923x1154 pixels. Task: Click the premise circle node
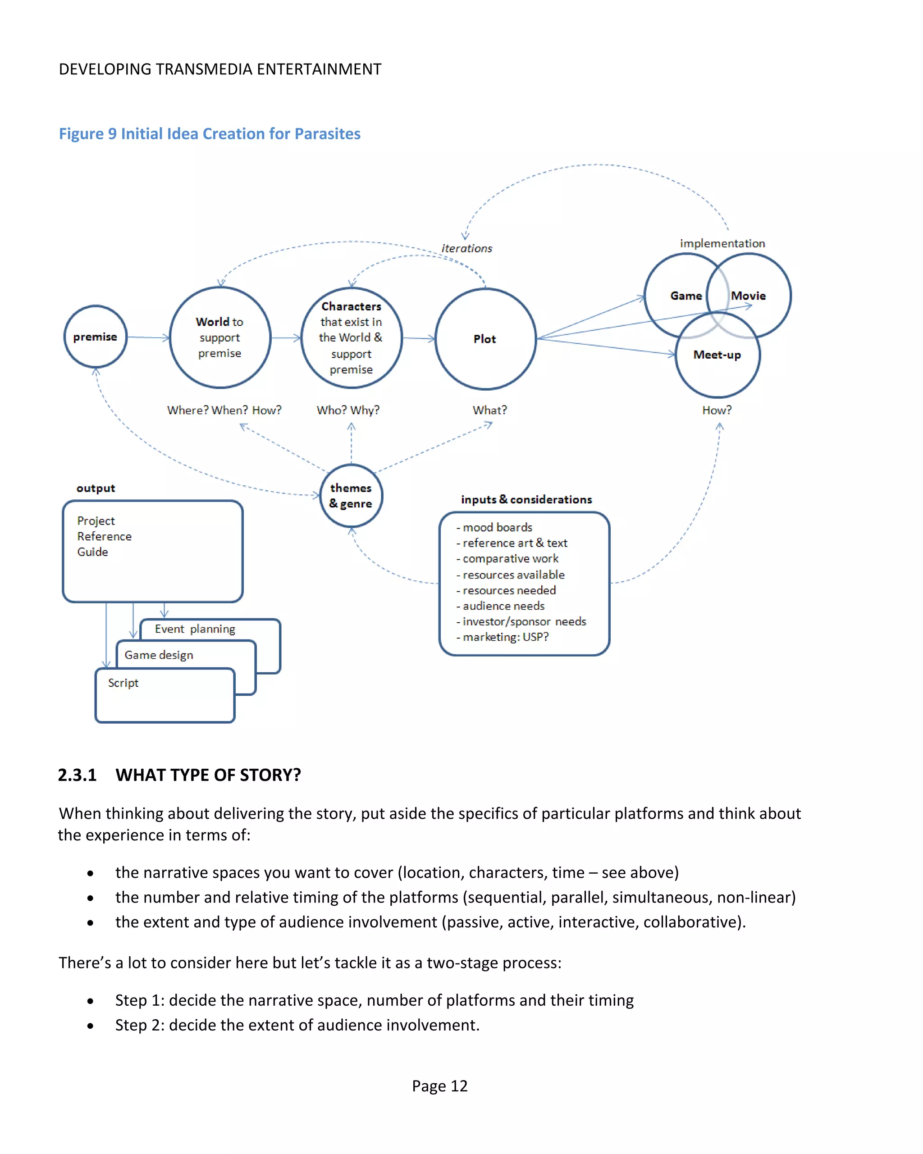pyautogui.click(x=95, y=337)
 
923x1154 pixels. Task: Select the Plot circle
pyautogui.click(x=485, y=339)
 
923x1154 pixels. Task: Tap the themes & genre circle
pyautogui.click(x=351, y=496)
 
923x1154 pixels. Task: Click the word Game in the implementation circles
pyautogui.click(x=686, y=296)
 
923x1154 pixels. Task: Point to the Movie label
pyautogui.click(x=749, y=296)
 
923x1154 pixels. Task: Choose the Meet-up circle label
pyautogui.click(x=717, y=355)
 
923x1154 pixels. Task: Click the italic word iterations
pyautogui.click(x=466, y=248)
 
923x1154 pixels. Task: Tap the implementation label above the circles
pyautogui.click(x=722, y=243)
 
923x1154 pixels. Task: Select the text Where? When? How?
pyautogui.click(x=224, y=410)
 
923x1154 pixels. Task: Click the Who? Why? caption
pyautogui.click(x=348, y=410)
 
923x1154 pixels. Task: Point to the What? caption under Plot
pyautogui.click(x=489, y=410)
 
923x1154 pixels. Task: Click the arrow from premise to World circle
pyautogui.click(x=148, y=337)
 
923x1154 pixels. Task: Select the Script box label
pyautogui.click(x=123, y=683)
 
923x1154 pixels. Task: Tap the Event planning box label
pyautogui.click(x=195, y=629)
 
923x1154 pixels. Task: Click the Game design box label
pyautogui.click(x=159, y=655)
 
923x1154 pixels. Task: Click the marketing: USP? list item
pyautogui.click(x=505, y=637)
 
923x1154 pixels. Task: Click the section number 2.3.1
pyautogui.click(x=77, y=775)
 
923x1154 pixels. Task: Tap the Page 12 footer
pyautogui.click(x=439, y=1086)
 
